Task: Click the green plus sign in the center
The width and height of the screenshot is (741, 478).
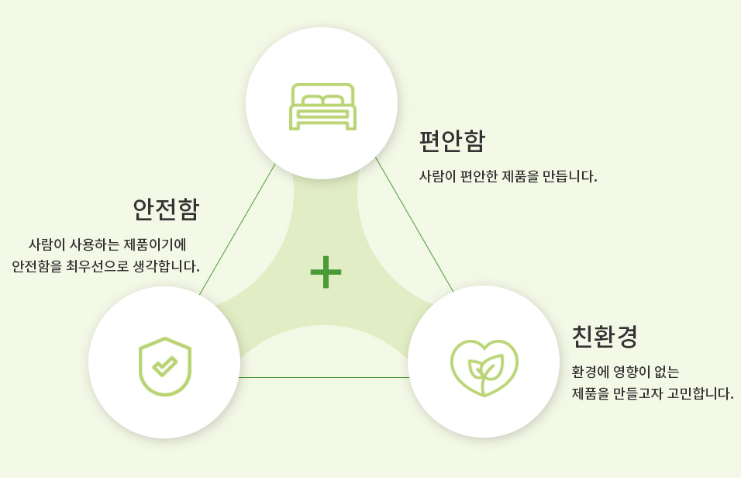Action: pos(326,272)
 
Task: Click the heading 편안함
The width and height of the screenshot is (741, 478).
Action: pos(452,140)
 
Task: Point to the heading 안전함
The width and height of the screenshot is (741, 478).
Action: pos(166,210)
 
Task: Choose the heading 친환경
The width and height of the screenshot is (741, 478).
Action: pos(605,337)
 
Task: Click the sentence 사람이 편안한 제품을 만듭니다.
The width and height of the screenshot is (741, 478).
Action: pos(508,176)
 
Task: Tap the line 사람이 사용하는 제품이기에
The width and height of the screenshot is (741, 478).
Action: pos(107,244)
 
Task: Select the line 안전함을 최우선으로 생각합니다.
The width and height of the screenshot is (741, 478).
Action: pos(106,266)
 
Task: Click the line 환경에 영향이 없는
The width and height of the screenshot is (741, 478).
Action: pos(626,372)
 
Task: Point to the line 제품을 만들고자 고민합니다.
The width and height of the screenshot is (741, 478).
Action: pos(653,393)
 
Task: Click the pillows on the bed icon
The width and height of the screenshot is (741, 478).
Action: pos(322,100)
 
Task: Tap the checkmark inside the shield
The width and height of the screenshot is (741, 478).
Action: pos(165,365)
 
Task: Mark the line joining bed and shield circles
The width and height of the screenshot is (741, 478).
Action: pos(237,229)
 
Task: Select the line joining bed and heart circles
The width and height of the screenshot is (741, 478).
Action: pos(415,224)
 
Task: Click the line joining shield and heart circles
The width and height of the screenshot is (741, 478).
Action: pos(324,377)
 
